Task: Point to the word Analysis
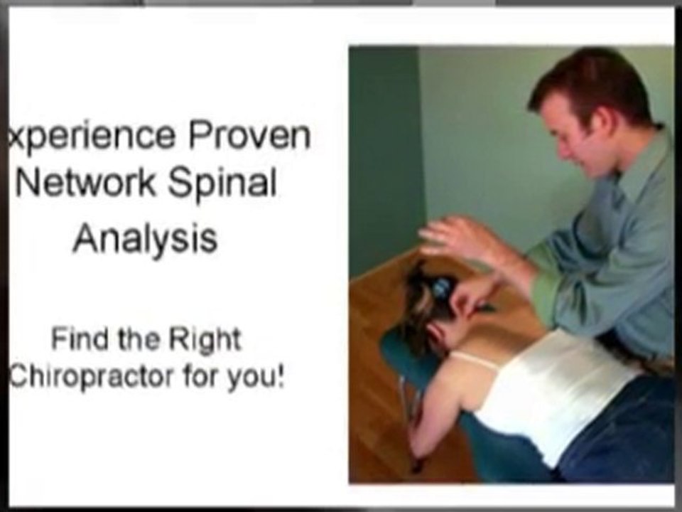(145, 239)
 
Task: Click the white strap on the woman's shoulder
(472, 360)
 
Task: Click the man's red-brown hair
(590, 82)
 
